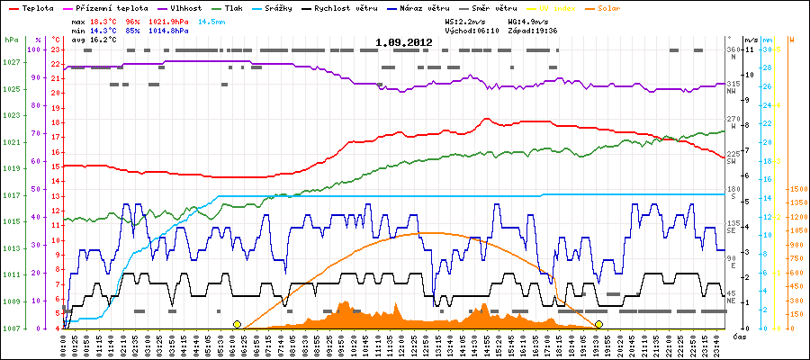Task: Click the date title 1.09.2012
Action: click(403, 42)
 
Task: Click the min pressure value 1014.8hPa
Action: click(169, 30)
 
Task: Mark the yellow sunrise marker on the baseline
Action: click(237, 324)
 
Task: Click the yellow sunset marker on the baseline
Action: click(598, 324)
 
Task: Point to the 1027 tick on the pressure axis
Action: click(11, 62)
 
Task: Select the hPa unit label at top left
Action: click(10, 40)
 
